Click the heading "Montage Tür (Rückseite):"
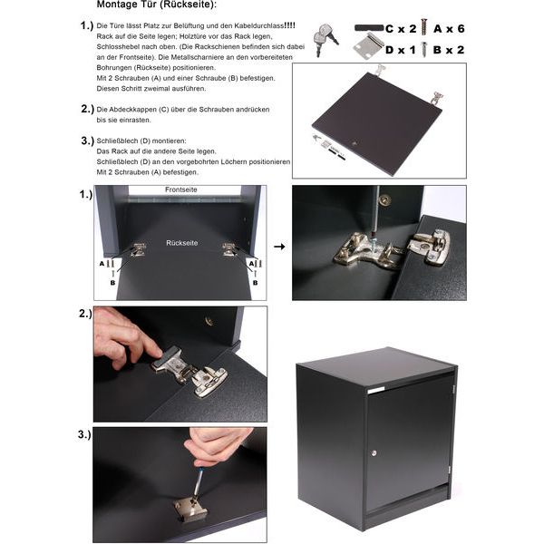(157, 5)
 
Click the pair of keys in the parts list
(325, 39)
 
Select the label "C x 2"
(401, 29)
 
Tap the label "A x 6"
(449, 29)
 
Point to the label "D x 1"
(401, 50)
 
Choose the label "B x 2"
(449, 50)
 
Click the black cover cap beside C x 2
(369, 28)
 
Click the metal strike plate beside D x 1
(369, 46)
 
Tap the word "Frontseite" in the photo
(180, 189)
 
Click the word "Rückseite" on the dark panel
(182, 243)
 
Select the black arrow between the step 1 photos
(279, 247)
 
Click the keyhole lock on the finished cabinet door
(374, 452)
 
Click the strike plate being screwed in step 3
(190, 509)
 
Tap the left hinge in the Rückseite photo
(139, 250)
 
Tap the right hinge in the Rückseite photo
(229, 249)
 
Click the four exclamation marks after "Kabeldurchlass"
(289, 25)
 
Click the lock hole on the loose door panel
(354, 143)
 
